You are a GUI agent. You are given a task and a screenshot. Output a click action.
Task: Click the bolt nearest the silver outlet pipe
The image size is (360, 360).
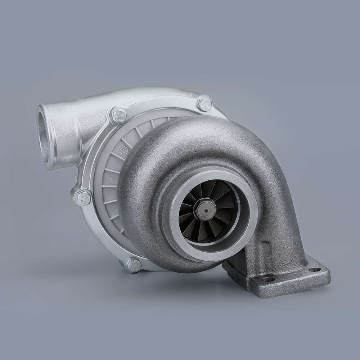[118, 116]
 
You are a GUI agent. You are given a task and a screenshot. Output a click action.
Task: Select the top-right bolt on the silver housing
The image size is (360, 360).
[204, 104]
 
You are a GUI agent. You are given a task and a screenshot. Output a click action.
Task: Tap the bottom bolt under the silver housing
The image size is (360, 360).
[134, 265]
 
